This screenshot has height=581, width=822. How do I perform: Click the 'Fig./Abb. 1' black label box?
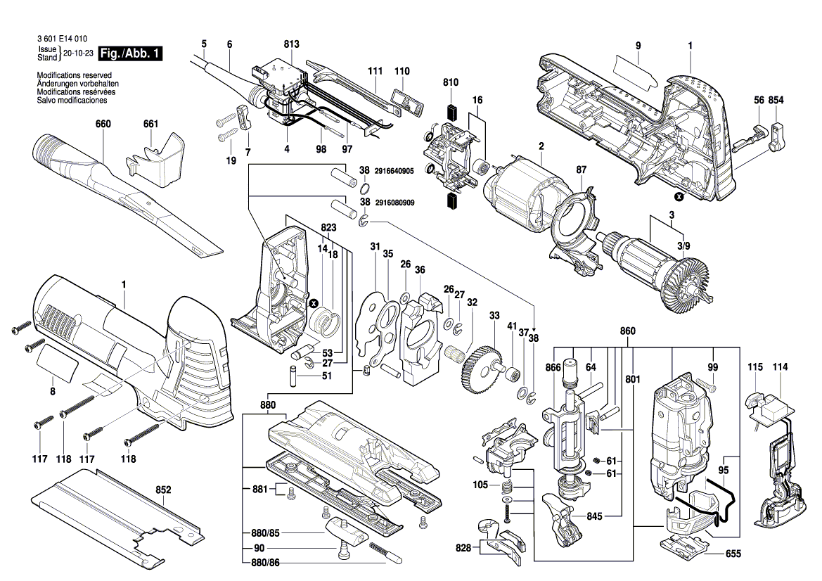tap(131, 53)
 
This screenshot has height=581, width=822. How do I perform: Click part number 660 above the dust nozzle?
tap(103, 124)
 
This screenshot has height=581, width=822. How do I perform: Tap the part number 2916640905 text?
tap(394, 170)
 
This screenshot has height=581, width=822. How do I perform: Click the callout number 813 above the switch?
tap(292, 44)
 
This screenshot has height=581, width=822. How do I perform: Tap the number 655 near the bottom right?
tap(733, 554)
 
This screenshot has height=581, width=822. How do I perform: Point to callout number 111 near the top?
tap(375, 71)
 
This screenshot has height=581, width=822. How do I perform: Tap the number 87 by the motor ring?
tap(581, 170)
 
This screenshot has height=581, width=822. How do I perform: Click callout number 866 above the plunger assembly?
tap(553, 367)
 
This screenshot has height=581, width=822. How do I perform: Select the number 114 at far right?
tap(781, 367)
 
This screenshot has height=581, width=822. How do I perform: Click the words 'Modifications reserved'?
tap(74, 75)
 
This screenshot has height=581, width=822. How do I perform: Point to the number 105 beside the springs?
tap(480, 485)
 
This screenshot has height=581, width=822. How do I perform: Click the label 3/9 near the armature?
tap(683, 245)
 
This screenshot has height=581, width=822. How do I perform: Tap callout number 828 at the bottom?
tap(462, 547)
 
